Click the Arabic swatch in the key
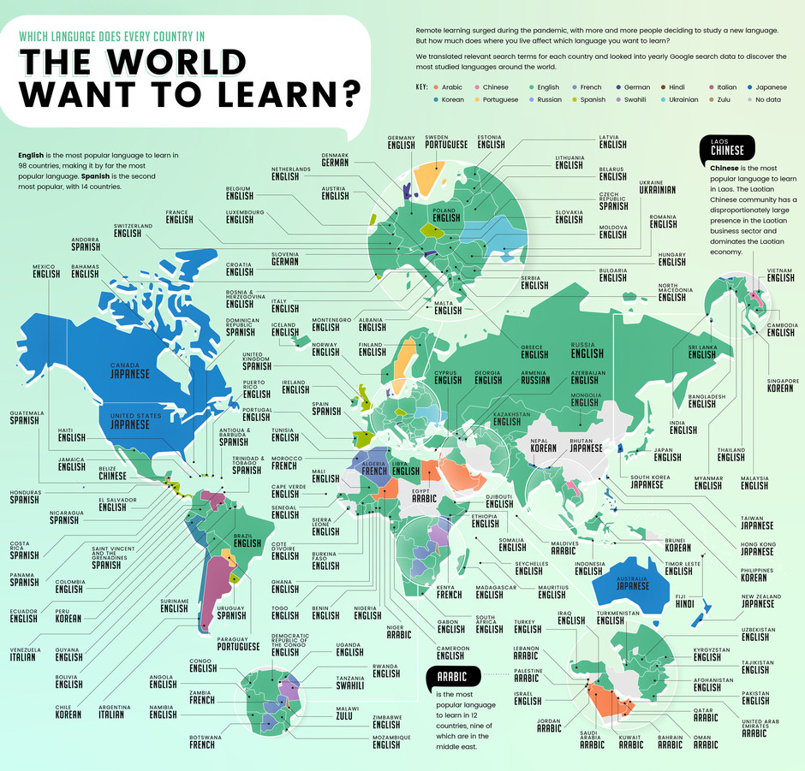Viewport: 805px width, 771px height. [x=437, y=86]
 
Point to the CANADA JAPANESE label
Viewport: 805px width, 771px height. [x=129, y=371]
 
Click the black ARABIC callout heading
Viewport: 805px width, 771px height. [x=453, y=677]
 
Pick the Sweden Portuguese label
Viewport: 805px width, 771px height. [x=448, y=140]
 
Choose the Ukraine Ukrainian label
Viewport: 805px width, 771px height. [x=657, y=187]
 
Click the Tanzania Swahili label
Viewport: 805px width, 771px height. [x=351, y=681]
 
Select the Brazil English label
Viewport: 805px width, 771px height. [x=247, y=539]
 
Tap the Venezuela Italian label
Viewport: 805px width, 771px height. [x=22, y=653]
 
